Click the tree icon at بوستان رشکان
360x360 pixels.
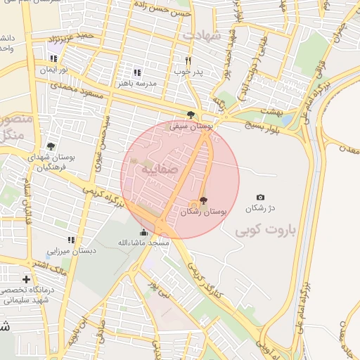tap(204, 200)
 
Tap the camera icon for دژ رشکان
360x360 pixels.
tap(261, 198)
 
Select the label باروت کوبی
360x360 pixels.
tap(266, 230)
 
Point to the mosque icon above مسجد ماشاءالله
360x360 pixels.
tap(143, 232)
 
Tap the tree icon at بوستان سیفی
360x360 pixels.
tap(191, 115)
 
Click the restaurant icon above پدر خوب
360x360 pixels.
tap(188, 60)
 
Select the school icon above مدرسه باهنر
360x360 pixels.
tap(137, 72)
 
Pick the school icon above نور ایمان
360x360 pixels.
tap(53, 58)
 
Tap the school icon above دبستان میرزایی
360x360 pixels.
tap(71, 239)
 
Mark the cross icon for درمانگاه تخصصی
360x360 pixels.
tap(26, 279)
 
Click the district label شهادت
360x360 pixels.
tap(202, 34)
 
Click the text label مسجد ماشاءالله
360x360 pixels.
tap(143, 243)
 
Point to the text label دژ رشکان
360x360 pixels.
tap(260, 209)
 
